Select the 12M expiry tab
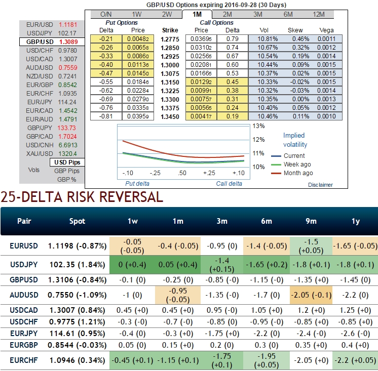click(320, 15)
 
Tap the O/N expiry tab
click(106, 15)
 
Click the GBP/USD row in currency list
click(51, 42)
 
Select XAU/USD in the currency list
click(51, 153)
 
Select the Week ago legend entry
click(297, 164)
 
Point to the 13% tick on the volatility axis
click(259, 126)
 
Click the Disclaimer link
click(320, 185)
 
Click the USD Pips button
click(67, 162)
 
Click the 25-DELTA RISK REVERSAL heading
click(82, 196)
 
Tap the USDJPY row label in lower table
click(23, 264)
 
